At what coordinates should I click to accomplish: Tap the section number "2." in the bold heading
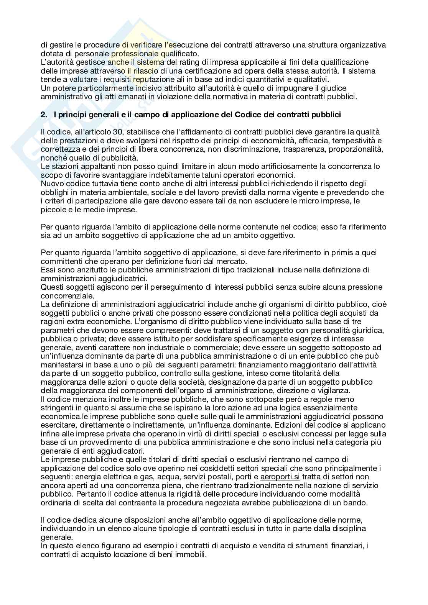pyautogui.click(x=44, y=114)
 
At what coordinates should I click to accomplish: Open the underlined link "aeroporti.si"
pyautogui.click(x=280, y=477)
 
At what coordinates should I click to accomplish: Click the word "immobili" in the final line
pyautogui.click(x=193, y=554)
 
